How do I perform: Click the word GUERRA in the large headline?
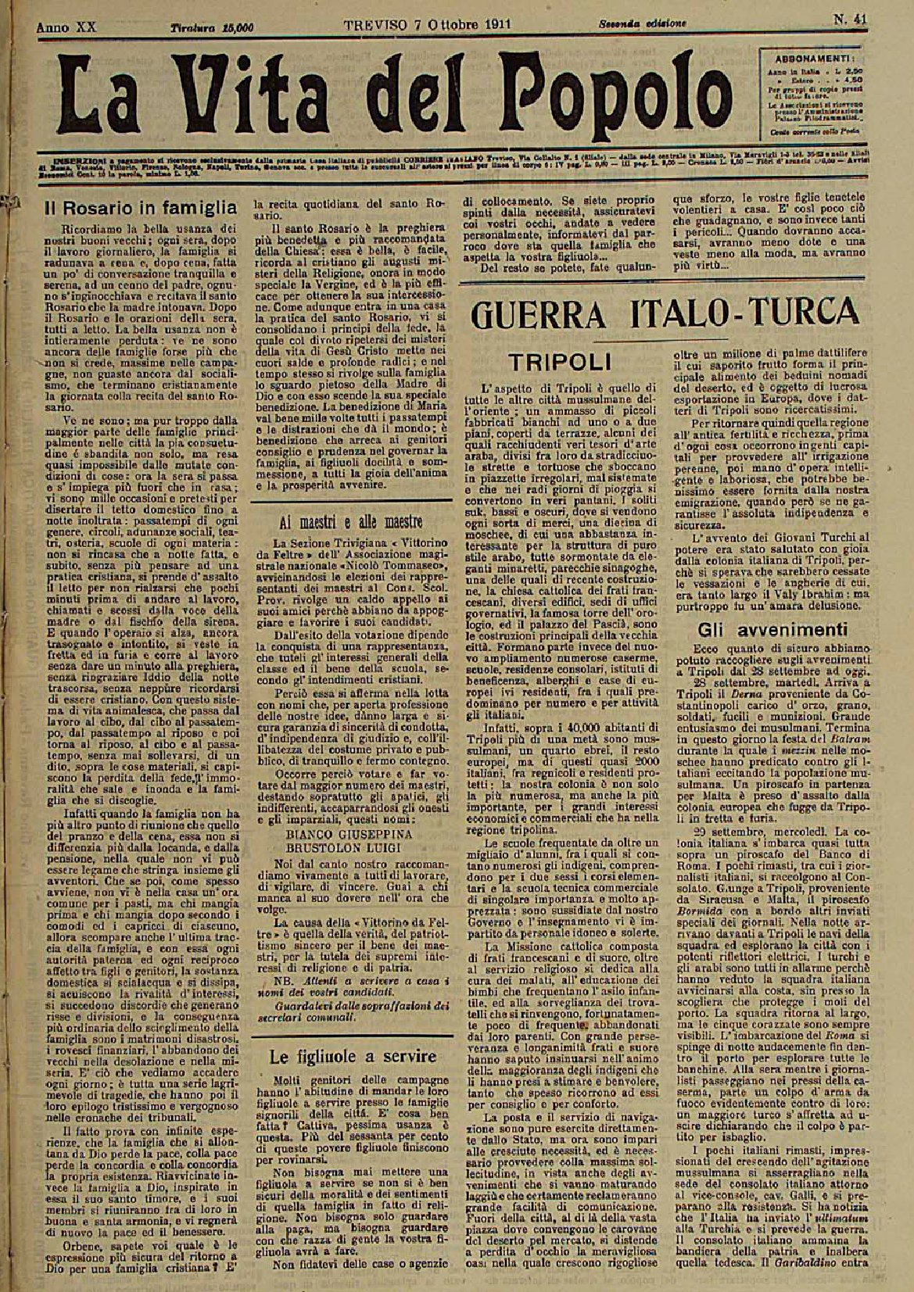click(547, 317)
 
